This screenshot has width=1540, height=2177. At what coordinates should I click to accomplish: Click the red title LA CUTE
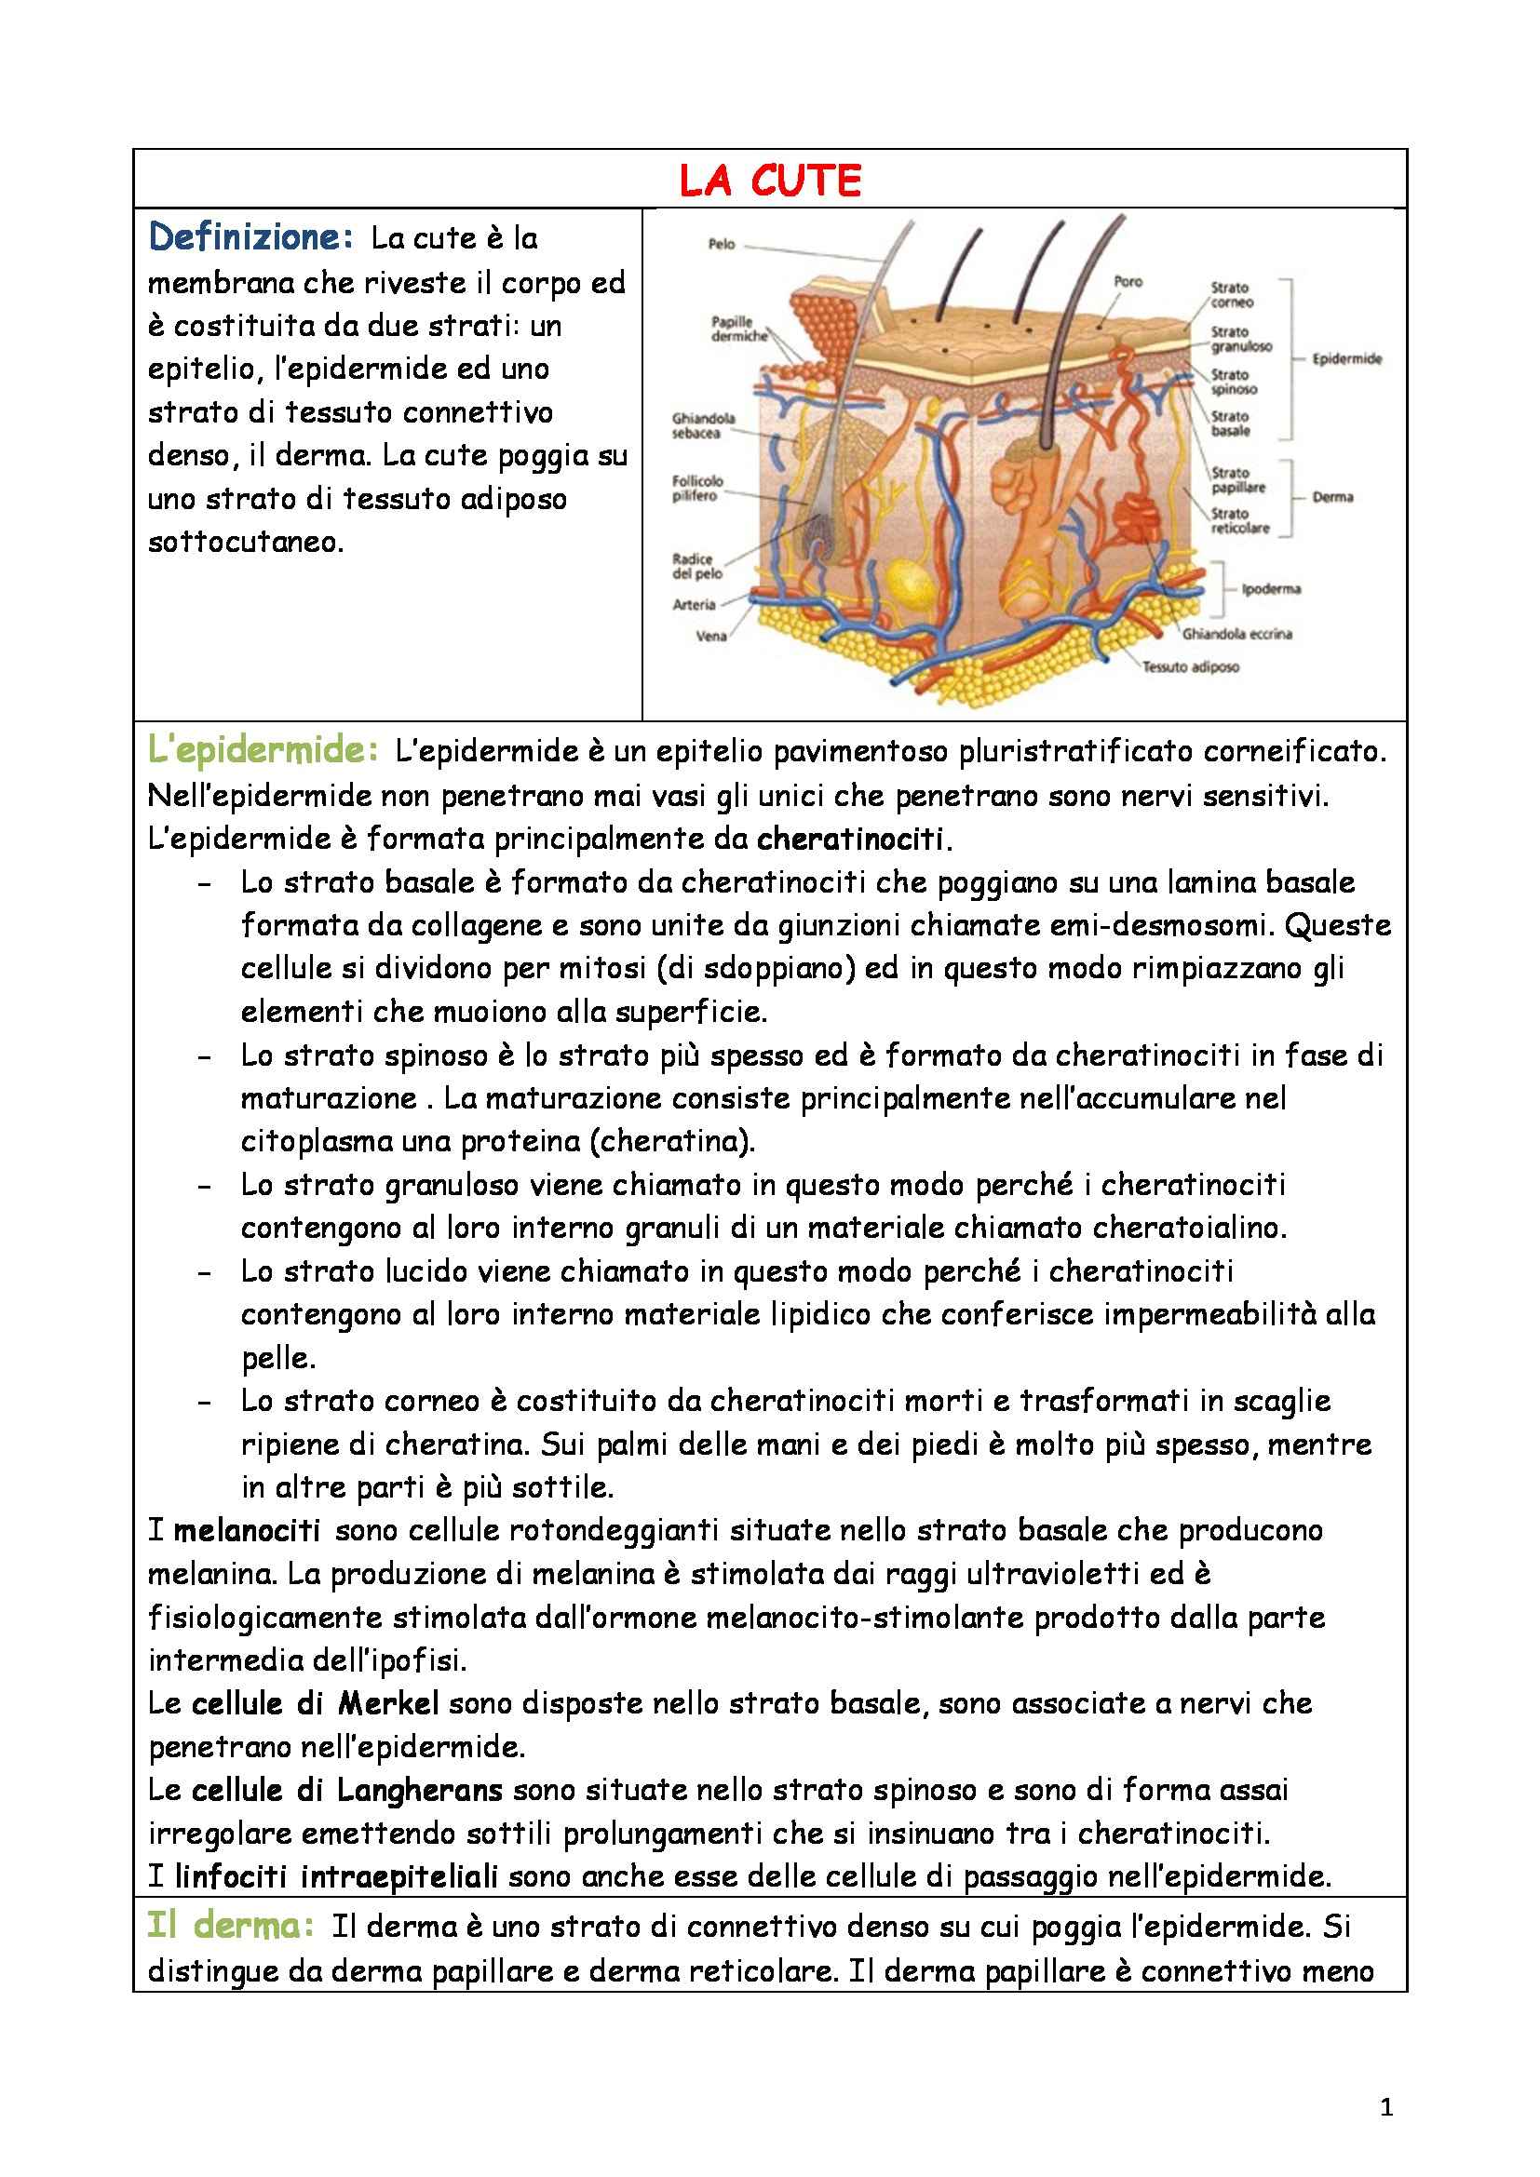click(770, 181)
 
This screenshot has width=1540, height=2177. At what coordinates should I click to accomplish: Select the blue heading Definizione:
click(250, 237)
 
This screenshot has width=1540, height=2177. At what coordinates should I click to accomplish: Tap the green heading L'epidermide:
click(263, 751)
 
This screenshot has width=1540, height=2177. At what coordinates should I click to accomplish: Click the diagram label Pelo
click(722, 245)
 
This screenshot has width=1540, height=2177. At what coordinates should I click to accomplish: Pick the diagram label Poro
click(1128, 282)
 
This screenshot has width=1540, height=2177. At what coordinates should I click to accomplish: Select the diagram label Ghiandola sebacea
click(704, 425)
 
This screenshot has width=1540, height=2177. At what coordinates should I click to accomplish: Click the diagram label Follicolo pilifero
click(698, 489)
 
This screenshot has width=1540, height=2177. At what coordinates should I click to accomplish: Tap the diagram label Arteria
click(695, 604)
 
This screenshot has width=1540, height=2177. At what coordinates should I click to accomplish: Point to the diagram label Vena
click(711, 637)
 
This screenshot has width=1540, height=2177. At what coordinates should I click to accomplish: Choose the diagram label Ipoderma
click(1272, 589)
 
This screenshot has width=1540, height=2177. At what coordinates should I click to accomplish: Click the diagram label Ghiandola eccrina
click(1236, 634)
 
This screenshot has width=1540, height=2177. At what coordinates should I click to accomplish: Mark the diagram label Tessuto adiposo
click(1190, 666)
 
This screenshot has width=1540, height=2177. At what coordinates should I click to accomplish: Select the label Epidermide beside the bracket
click(1346, 359)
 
